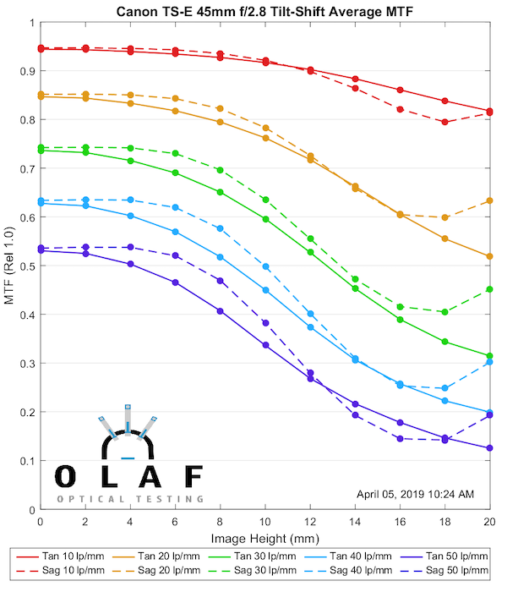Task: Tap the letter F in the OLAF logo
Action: point(194,476)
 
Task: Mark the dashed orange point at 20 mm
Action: point(489,200)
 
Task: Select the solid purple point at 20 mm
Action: point(489,448)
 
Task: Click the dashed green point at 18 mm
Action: point(444,312)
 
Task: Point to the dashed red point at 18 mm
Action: point(444,122)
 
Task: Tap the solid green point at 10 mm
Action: point(265,219)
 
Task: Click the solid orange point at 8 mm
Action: point(221,122)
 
